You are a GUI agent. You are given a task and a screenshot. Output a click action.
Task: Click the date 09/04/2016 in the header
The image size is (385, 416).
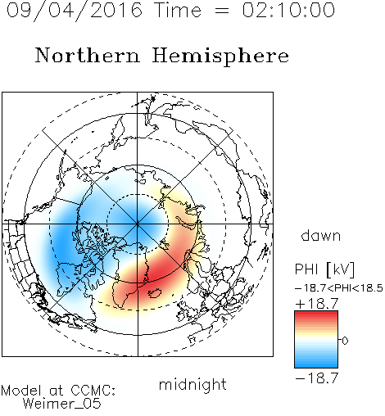(x=75, y=11)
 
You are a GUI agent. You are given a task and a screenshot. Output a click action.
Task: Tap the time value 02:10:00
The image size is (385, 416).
(x=288, y=10)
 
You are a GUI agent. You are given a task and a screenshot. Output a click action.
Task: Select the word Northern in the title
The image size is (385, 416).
(x=88, y=55)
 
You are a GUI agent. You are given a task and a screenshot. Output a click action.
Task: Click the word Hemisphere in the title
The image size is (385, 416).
(x=220, y=56)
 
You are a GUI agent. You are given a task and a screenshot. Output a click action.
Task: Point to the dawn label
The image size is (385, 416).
(x=321, y=235)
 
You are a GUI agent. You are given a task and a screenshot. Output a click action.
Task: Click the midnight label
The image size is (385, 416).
(x=192, y=385)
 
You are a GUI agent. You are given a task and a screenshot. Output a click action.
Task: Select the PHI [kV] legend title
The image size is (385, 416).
(x=325, y=269)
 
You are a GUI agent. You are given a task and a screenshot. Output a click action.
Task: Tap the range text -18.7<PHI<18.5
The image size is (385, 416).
(x=339, y=288)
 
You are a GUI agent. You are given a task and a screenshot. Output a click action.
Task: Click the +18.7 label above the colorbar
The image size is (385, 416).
(x=317, y=304)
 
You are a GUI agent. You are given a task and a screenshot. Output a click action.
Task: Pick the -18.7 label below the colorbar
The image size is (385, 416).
(x=317, y=378)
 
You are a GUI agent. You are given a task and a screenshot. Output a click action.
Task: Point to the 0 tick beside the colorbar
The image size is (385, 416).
(x=345, y=341)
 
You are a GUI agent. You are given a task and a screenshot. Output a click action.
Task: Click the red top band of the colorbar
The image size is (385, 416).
(x=316, y=314)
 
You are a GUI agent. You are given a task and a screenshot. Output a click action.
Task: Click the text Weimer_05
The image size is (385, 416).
(x=62, y=404)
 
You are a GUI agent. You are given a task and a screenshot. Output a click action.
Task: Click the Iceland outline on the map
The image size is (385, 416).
(x=155, y=293)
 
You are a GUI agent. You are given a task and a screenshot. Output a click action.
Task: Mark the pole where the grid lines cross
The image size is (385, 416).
(x=138, y=224)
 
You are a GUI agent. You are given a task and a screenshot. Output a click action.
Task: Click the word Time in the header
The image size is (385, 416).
(x=178, y=10)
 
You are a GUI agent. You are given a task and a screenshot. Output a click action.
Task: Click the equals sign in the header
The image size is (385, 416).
(x=222, y=11)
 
